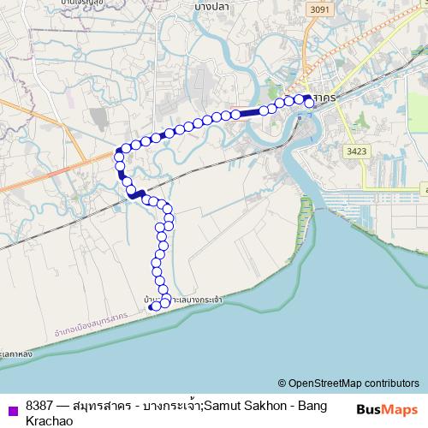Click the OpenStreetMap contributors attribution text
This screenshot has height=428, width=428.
click(x=354, y=383)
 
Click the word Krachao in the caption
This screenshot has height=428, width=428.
click(x=50, y=421)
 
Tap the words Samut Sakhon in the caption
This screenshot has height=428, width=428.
click(x=240, y=405)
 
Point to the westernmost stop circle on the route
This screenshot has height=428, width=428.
click(x=119, y=154)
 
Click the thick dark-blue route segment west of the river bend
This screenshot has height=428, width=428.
click(x=248, y=112)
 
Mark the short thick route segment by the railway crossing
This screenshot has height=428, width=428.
click(x=136, y=195)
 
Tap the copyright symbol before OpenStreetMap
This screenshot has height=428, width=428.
click(x=282, y=383)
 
